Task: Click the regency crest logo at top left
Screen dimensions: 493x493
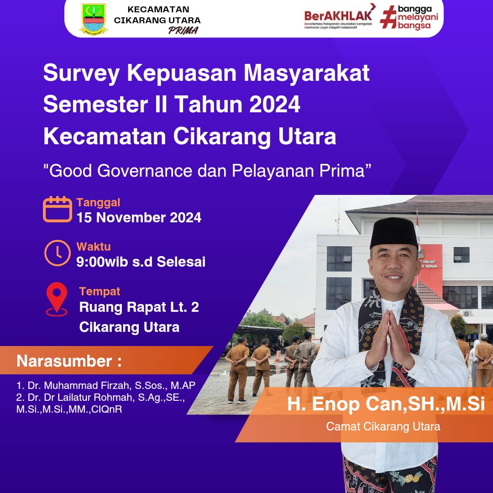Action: pos(94,19)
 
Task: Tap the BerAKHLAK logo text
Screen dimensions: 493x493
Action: pos(338,16)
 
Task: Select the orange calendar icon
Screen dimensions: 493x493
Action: pos(58,210)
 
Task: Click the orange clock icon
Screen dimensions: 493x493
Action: pos(58,253)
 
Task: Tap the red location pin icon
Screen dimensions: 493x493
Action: pos(57,299)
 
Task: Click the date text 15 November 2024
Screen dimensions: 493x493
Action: pos(139,218)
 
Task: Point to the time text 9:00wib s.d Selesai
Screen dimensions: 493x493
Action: pos(141,262)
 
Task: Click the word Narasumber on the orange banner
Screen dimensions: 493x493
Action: pos(64,361)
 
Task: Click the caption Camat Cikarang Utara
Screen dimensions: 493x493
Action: pos(383,427)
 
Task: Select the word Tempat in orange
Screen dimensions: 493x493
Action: pos(100,291)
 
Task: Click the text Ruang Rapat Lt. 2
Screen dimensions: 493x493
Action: pos(139,307)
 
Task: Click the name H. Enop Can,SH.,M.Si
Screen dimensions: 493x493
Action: pos(386,405)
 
